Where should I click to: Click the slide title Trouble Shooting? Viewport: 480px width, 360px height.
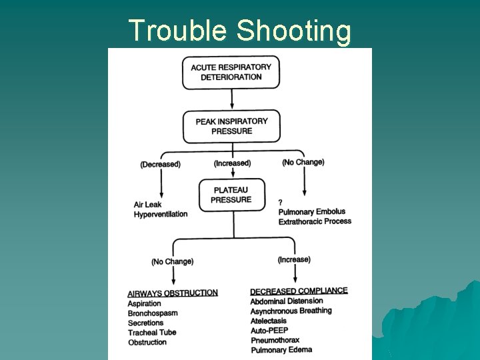[239, 31]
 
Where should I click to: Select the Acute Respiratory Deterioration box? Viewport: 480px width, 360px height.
[231, 72]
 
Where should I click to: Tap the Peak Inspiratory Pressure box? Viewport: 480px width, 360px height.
[231, 126]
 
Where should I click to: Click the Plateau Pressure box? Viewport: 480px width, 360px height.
[231, 195]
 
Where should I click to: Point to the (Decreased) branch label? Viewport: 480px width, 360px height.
[160, 164]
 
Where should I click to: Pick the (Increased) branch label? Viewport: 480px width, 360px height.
[232, 163]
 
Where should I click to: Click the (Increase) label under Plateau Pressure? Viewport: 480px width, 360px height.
[294, 259]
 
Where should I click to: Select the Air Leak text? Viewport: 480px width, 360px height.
[147, 205]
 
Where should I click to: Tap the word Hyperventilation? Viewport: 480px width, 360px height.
[161, 214]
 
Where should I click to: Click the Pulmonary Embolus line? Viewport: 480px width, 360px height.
[312, 212]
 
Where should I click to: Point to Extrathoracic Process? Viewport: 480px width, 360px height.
[315, 221]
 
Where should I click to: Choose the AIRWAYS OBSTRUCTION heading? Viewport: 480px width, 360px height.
[173, 293]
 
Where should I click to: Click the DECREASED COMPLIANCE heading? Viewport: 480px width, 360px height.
[299, 291]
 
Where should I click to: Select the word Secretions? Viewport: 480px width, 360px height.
[145, 323]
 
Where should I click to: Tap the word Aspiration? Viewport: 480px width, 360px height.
[145, 304]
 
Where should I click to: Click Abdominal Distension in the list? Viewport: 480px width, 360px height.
[287, 301]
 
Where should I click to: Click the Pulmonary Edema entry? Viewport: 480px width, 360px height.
[281, 349]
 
